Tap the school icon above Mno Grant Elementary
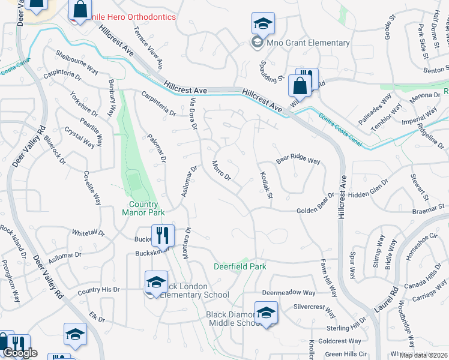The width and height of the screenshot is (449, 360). click(x=263, y=25)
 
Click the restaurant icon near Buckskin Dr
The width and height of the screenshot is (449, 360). click(x=161, y=236)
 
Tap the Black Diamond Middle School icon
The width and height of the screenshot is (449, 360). click(x=266, y=313)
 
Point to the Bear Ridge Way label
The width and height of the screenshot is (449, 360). click(x=298, y=161)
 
